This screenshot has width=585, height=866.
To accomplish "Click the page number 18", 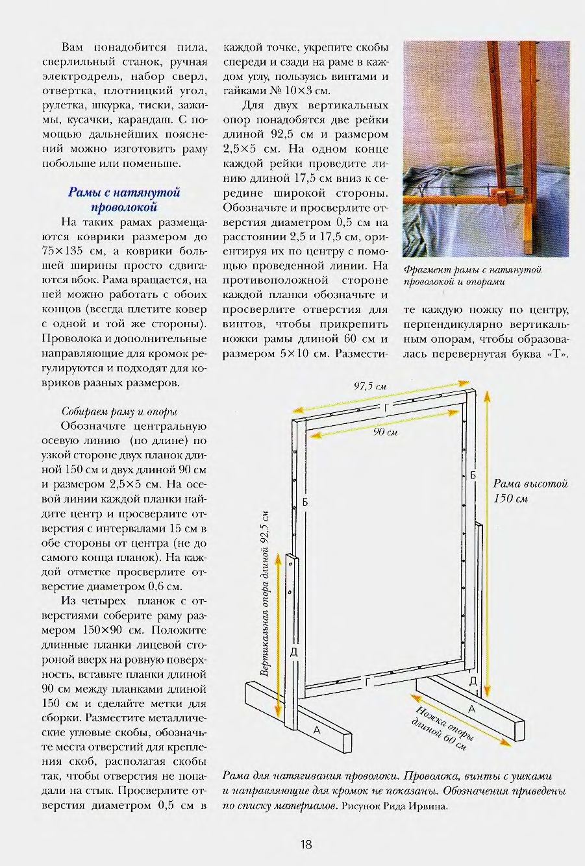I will coord(306,844).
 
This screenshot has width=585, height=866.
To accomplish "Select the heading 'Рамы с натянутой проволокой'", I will coord(124,199).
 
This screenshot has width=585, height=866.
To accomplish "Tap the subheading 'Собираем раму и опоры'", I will coord(119,412).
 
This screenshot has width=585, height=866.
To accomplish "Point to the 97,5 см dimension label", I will coord(370,386).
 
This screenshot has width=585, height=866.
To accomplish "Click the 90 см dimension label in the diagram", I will coord(385,432).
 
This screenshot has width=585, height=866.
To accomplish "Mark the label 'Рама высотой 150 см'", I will coord(530,490).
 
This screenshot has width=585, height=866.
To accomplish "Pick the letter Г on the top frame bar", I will coord(388,407).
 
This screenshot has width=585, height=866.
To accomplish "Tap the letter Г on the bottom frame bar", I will coord(367,682).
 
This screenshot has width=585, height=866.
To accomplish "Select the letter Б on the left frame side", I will coord(305,502).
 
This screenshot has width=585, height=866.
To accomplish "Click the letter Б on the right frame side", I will coord(473,475).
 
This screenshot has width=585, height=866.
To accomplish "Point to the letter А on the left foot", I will coord(317,730).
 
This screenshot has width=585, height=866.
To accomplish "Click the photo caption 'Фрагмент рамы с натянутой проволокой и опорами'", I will coord(472,275).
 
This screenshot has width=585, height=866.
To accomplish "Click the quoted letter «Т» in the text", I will coord(558,354).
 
